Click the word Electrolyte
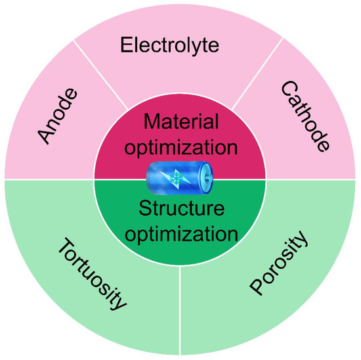click(x=179, y=45)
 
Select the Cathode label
click(x=303, y=118)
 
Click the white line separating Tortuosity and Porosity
click(x=180, y=309)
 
